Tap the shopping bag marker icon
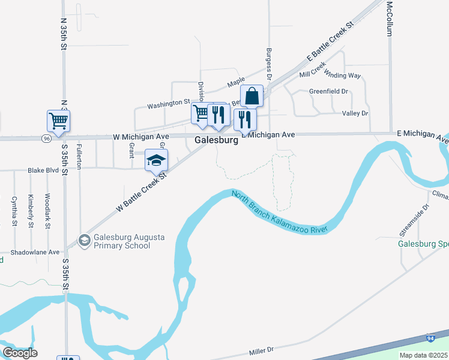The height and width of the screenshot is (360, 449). pos(252,96)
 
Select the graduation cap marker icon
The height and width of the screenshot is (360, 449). pos(156,160)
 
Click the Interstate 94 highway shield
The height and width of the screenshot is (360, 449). pos(430,338)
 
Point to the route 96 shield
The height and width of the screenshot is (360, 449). pos(46,139)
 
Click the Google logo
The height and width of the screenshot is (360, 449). pos(20,353)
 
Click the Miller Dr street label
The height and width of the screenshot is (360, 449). pos(261,349)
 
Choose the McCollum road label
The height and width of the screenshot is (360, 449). pos(390,18)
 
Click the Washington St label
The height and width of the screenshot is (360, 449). pos(169,103)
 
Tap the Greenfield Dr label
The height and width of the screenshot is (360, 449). pos(328,91)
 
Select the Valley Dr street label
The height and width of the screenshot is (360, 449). pos(355,113)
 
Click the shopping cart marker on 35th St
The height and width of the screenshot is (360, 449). pos(59,121)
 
